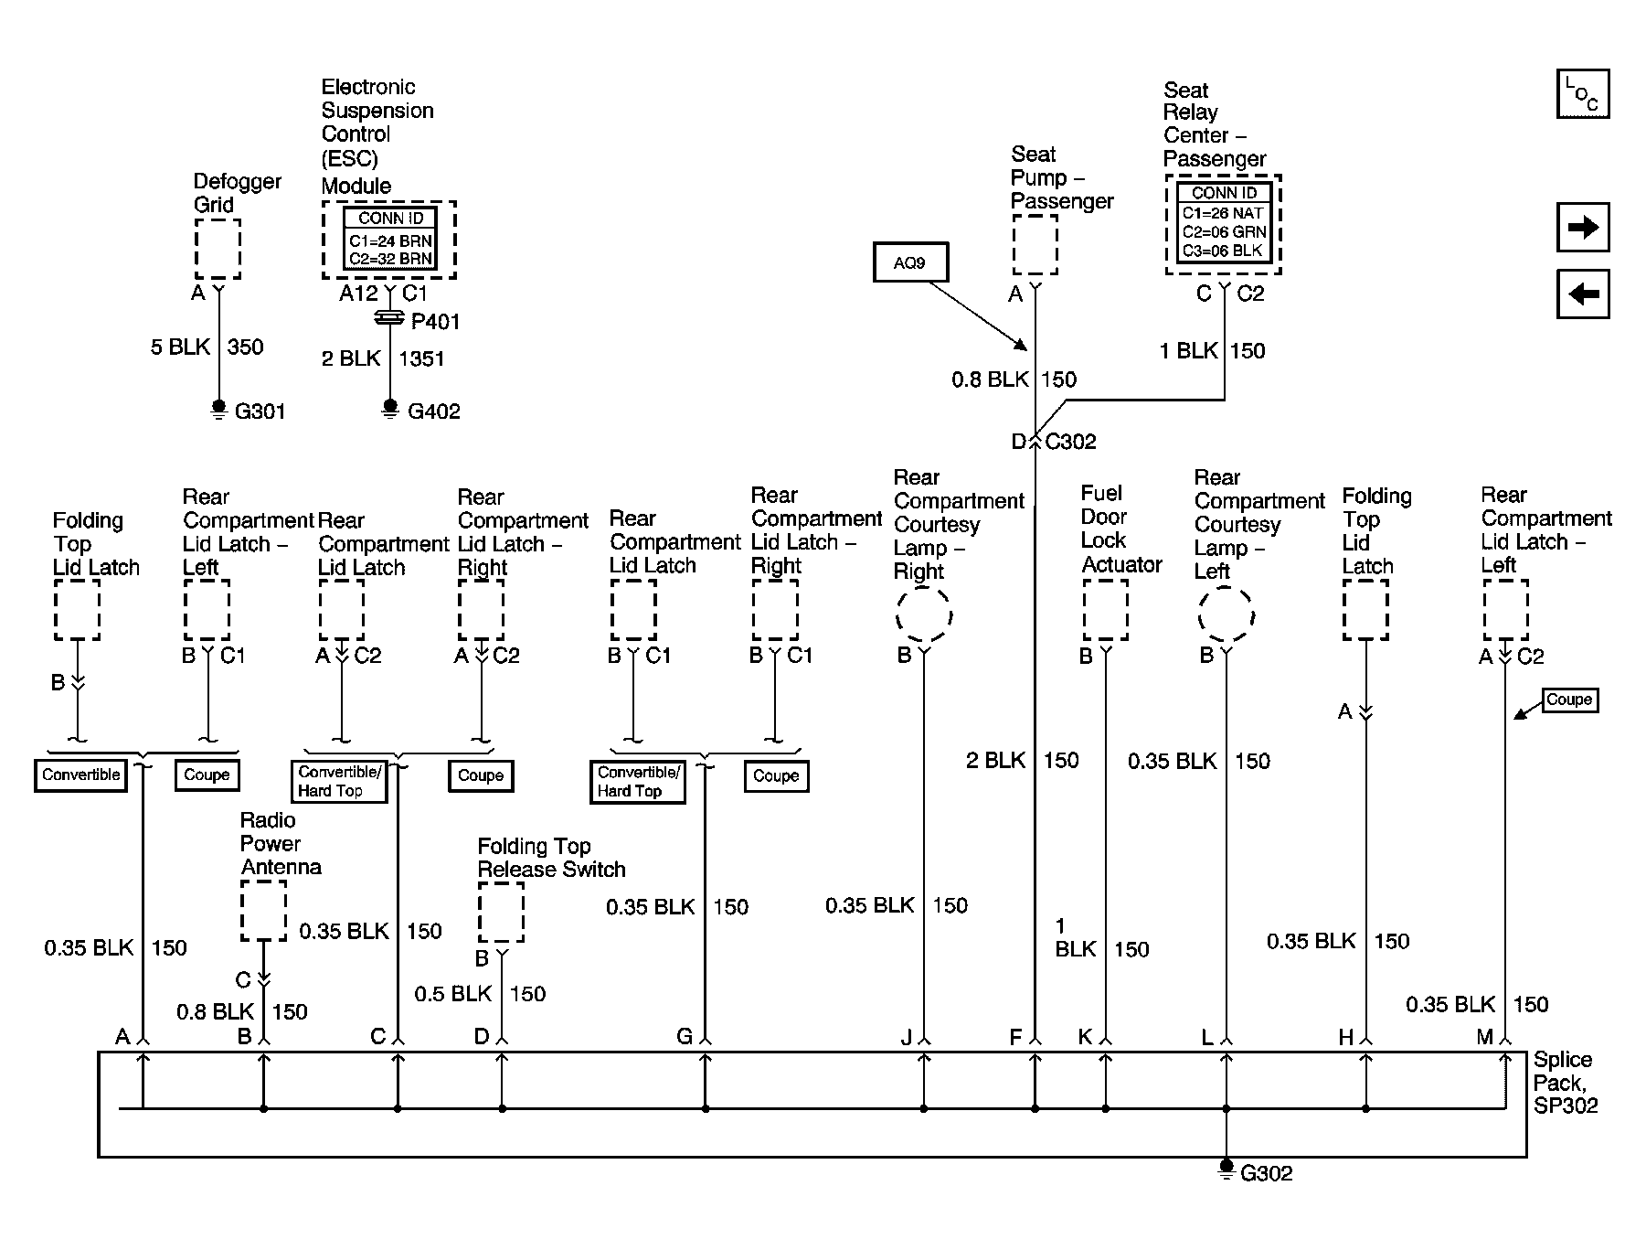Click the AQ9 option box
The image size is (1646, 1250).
click(909, 263)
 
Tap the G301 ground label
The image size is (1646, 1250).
click(260, 411)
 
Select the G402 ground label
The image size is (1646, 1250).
click(433, 411)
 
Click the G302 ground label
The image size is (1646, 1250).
click(1266, 1174)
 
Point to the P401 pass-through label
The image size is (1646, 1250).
click(435, 322)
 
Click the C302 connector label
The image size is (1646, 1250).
click(1070, 443)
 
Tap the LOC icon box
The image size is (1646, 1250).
click(1582, 94)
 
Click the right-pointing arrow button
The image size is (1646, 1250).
click(1582, 227)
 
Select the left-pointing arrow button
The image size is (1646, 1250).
click(1582, 294)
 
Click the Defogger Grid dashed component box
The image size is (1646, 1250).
click(218, 249)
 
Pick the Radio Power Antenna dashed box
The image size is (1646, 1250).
click(263, 911)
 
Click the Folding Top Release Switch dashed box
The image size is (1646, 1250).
click(501, 913)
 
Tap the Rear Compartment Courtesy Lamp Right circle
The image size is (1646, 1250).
click(923, 614)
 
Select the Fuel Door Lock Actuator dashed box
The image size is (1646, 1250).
click(1105, 611)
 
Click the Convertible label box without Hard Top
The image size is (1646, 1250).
click(80, 775)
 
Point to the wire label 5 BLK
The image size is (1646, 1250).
click(180, 347)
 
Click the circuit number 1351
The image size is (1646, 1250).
click(421, 359)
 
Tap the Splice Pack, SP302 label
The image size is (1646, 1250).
click(1565, 1083)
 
